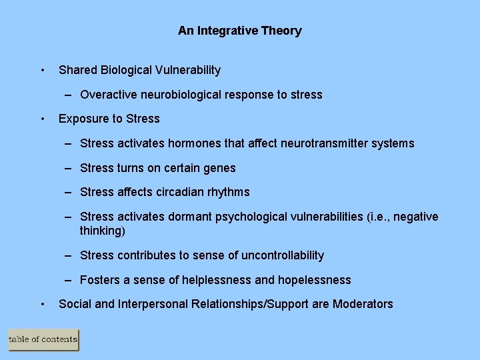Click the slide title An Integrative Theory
[x=239, y=31]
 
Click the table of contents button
[x=43, y=340]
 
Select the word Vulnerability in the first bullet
[x=189, y=70]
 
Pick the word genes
[x=221, y=168]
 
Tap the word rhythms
[x=228, y=192]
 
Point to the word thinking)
[x=103, y=231]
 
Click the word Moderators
[x=363, y=304]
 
